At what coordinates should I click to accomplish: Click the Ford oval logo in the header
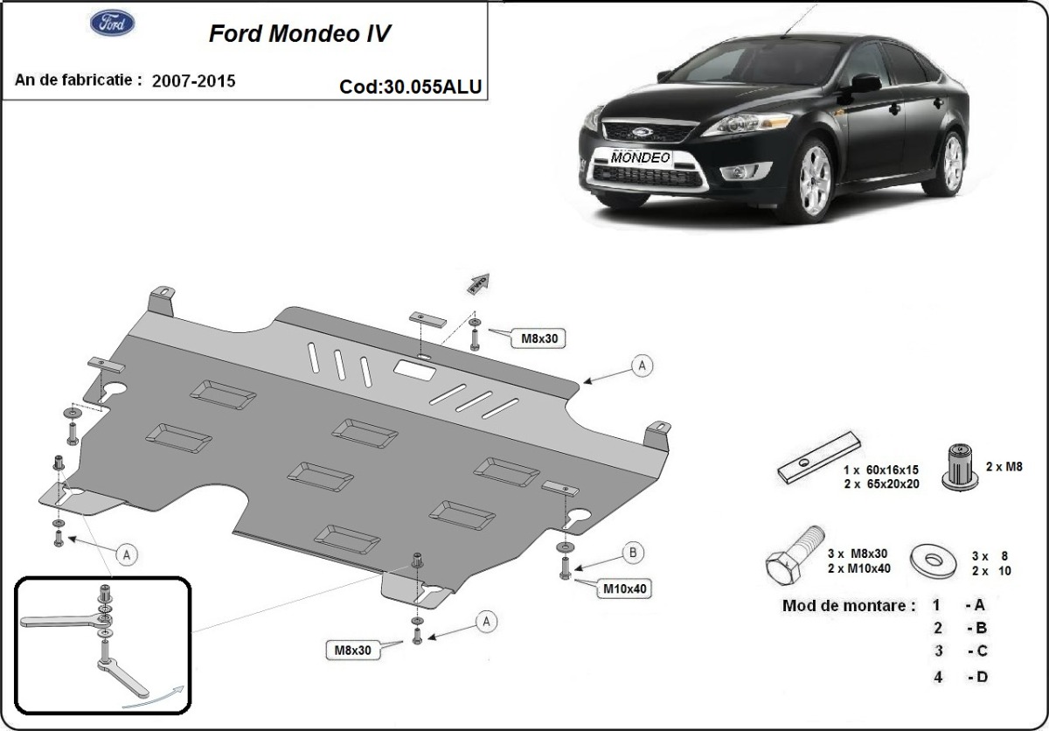coord(112,24)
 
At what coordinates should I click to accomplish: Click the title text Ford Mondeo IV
coord(299,33)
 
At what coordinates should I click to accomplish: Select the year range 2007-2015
coord(193,81)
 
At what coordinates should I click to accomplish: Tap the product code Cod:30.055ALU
coord(410,87)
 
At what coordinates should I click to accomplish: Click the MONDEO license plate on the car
coord(641,158)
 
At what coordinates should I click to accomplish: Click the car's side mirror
coord(865,83)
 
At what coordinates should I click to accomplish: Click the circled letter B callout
coord(633,552)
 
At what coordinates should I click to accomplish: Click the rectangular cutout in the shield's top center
coord(415,370)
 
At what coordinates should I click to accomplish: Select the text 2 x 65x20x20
coord(880,484)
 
